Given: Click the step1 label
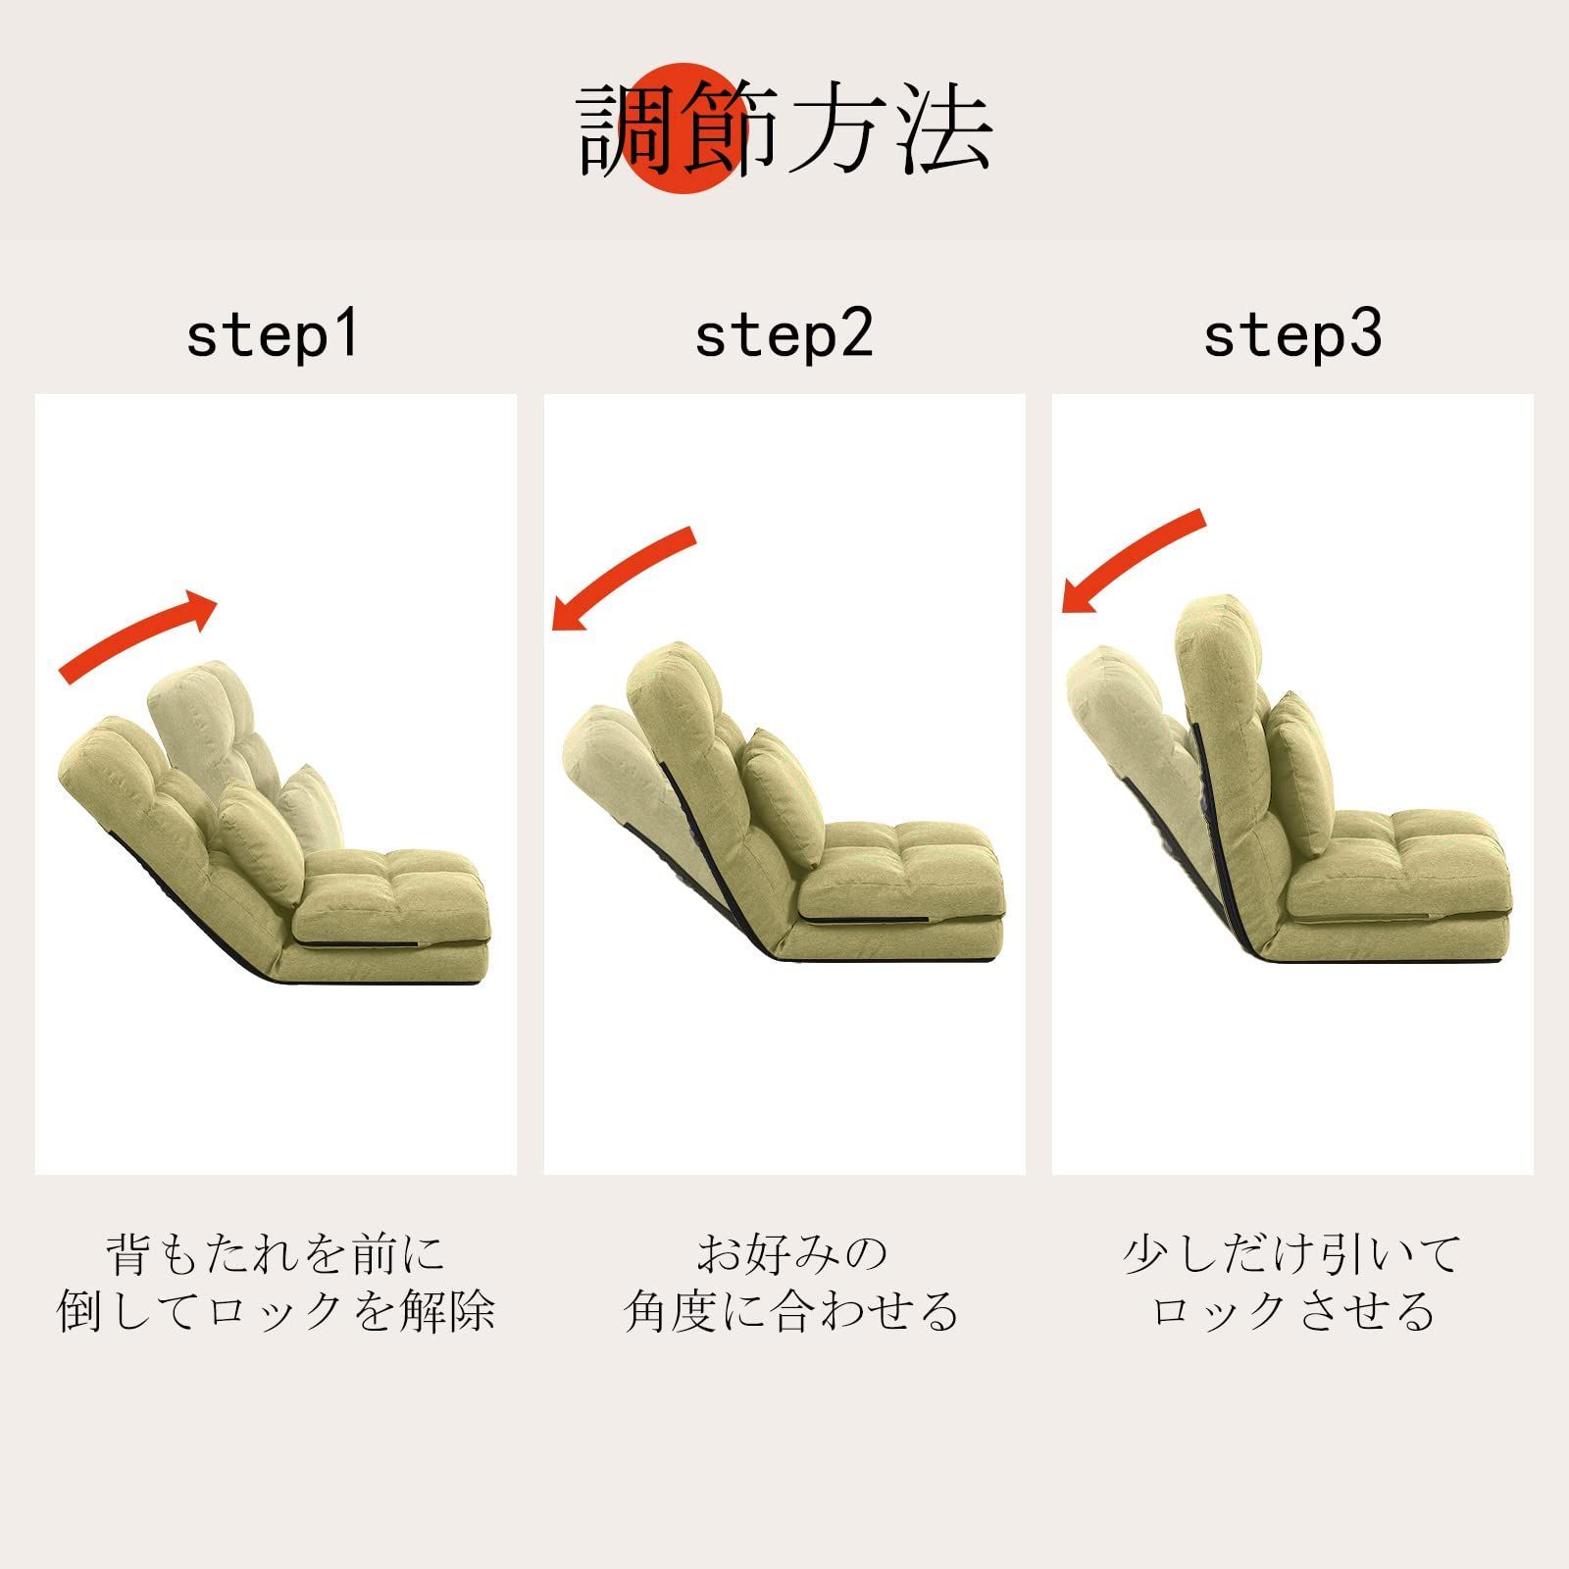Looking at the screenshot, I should [273, 334].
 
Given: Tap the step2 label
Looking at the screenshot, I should [784, 334].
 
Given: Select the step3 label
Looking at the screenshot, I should [1292, 334].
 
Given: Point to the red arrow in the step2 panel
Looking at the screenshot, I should [624, 579].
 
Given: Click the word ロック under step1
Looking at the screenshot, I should [274, 1311].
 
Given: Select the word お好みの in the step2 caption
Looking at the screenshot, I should [792, 1254].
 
